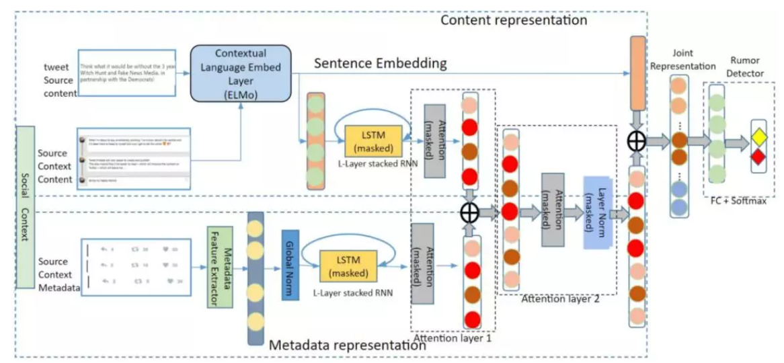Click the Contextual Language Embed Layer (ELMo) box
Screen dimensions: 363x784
click(241, 73)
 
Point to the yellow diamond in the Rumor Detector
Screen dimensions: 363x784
click(758, 136)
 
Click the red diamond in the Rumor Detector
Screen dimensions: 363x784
click(758, 158)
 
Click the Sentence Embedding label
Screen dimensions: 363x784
click(381, 65)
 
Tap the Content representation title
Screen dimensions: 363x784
click(514, 20)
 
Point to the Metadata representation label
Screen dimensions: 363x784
click(348, 346)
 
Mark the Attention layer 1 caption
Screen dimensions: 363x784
click(453, 338)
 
